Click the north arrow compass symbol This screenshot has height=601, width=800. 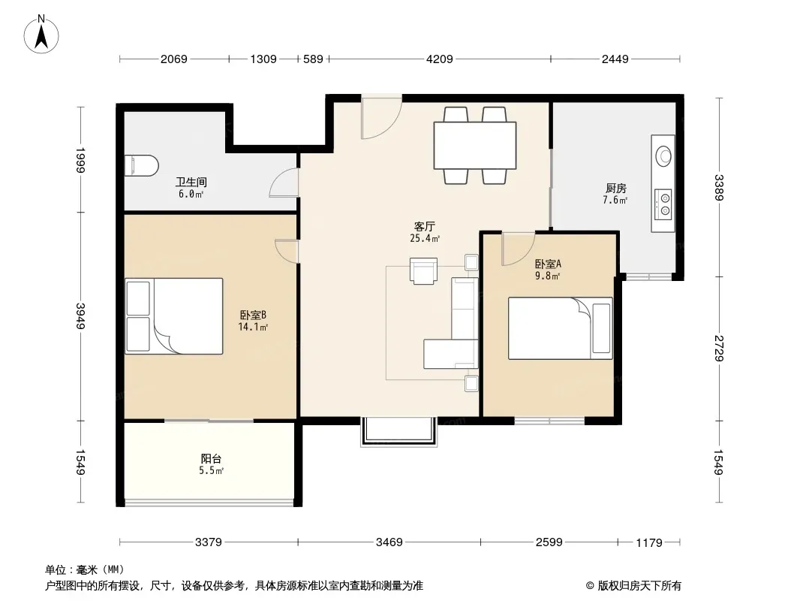tap(41, 35)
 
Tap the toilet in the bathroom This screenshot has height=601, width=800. tap(142, 166)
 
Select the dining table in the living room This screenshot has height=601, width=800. tap(474, 145)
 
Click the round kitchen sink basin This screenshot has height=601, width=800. tap(663, 156)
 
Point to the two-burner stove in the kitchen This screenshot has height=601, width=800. tap(663, 204)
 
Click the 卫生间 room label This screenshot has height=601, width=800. tap(191, 183)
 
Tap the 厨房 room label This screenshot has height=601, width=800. tap(616, 189)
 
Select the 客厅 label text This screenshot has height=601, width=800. tap(424, 226)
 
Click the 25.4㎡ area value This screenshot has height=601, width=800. tap(425, 238)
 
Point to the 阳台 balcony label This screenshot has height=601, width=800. tap(211, 458)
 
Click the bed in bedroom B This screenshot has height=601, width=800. tap(174, 316)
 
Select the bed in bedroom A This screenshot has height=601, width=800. tap(560, 328)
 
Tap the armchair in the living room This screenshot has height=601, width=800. tap(423, 270)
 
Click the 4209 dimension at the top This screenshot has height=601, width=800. tap(439, 59)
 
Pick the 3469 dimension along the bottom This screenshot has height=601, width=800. tap(389, 542)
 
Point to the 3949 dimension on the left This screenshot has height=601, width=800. tap(80, 316)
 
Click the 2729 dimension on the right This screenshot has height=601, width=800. tap(719, 348)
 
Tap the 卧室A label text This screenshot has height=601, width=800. tap(548, 264)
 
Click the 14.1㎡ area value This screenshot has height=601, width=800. tap(253, 328)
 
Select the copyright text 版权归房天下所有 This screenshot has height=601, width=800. tap(639, 586)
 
